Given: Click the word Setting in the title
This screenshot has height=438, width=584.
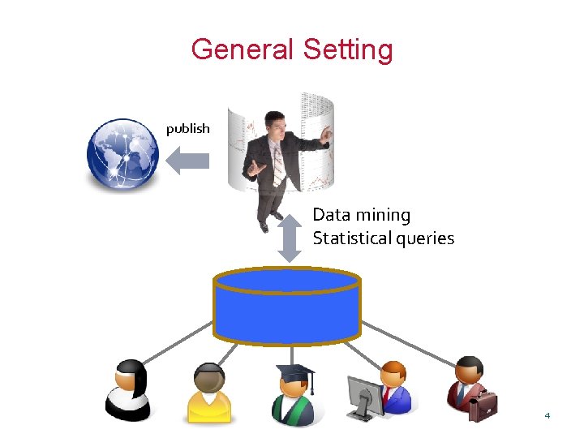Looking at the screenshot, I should pos(348,50).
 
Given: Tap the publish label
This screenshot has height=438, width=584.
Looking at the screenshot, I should pos(187,128).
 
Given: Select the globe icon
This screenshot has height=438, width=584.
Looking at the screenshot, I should pos(122,155).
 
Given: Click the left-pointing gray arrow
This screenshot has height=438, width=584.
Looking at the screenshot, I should pos(187,160).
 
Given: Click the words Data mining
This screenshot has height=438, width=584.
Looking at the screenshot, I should pos(362,215).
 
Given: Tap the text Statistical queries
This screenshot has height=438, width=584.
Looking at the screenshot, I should pos(383,238).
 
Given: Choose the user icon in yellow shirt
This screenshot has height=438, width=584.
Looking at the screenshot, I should pos(209,393).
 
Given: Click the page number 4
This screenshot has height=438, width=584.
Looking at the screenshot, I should pos(547,415).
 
